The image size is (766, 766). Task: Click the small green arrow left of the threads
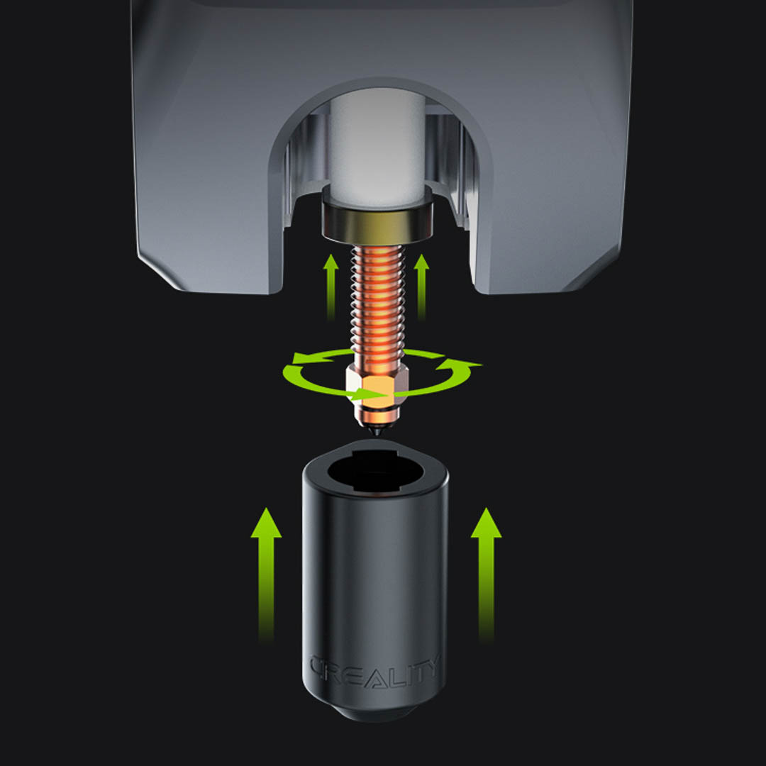tap(331, 287)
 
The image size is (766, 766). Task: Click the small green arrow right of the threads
tap(421, 287)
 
